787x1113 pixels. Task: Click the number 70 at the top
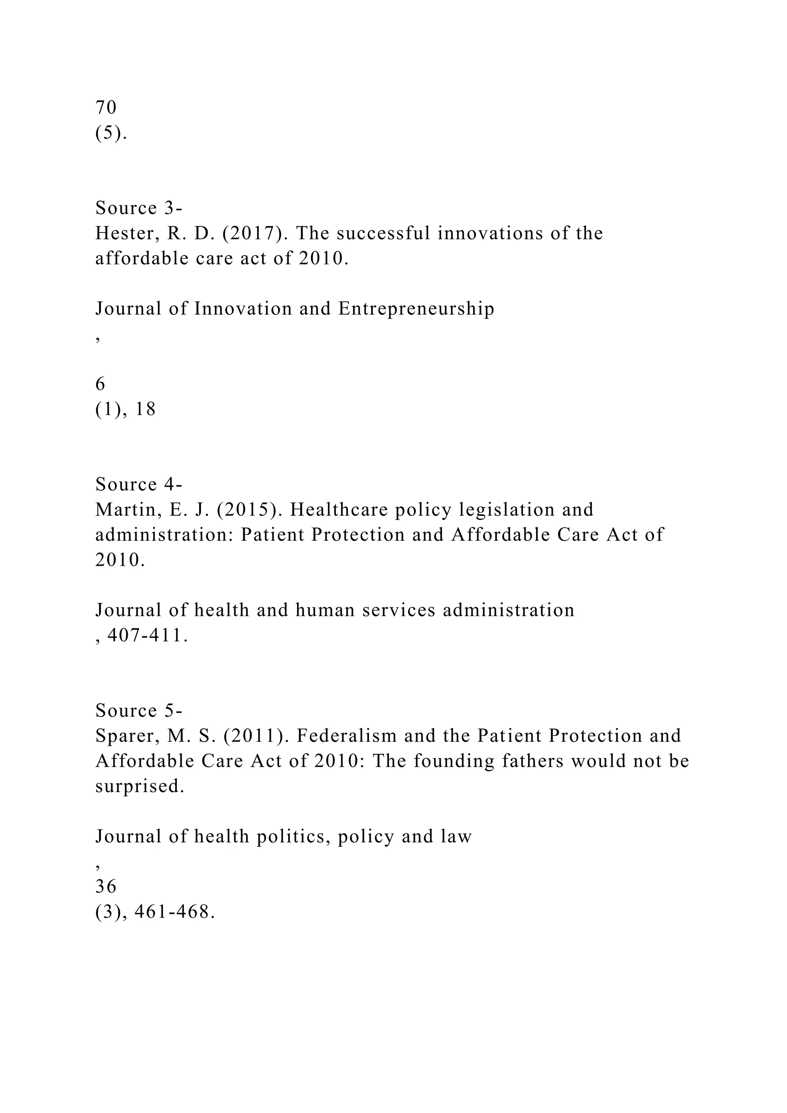[106, 107]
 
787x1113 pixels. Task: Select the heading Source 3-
[139, 208]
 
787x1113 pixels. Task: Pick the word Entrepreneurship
[416, 309]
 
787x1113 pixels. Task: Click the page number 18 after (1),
[145, 410]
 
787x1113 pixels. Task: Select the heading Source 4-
[139, 484]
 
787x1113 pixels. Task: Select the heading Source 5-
[139, 711]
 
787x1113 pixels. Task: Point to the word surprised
[139, 786]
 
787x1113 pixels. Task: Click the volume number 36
[106, 887]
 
